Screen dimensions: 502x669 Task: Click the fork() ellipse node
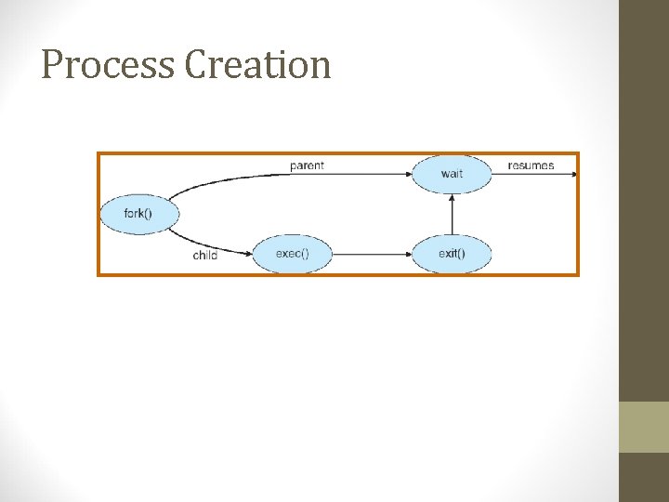[138, 214]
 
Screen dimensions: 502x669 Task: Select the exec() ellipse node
[292, 253]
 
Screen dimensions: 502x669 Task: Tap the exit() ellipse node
[452, 253]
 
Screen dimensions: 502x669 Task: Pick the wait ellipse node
[452, 174]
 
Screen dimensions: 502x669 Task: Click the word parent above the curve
[307, 165]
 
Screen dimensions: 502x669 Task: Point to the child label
[205, 255]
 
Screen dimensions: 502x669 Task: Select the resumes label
[531, 165]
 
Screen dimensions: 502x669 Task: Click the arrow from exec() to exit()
[372, 253]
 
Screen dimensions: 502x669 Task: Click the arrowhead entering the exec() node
[248, 252]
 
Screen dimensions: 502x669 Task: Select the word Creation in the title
[258, 65]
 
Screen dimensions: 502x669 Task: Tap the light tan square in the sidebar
[644, 427]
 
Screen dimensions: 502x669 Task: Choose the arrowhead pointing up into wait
[452, 198]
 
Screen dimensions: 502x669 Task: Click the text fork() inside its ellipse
[138, 214]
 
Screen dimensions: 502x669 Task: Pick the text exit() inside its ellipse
[452, 253]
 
